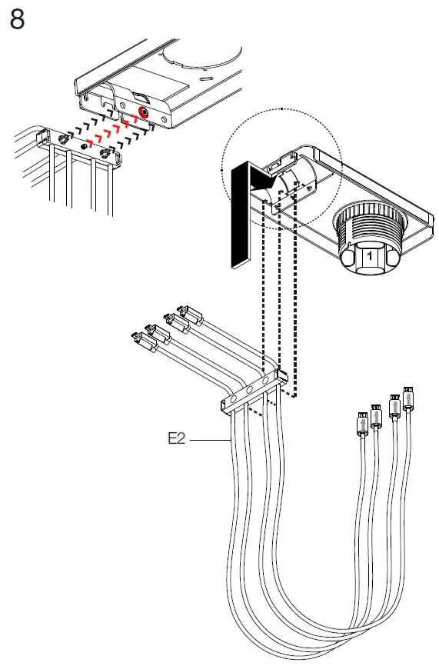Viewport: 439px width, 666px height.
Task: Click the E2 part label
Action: click(177, 440)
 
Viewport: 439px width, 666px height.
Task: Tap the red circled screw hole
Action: click(144, 114)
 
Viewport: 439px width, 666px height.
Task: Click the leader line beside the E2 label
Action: click(209, 441)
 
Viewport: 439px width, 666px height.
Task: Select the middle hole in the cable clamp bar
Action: click(248, 390)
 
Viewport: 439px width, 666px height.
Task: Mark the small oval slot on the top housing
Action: click(205, 78)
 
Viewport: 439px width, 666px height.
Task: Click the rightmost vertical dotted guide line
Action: click(296, 308)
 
